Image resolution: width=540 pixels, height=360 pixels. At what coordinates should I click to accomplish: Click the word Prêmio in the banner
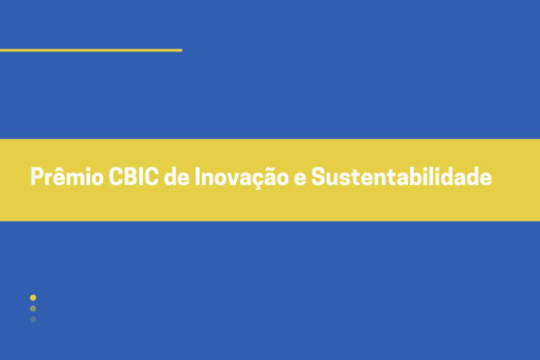point(67,177)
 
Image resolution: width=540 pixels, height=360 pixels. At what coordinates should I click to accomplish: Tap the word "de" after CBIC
point(176,177)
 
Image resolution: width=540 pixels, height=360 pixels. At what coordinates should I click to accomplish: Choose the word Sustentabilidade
point(402,177)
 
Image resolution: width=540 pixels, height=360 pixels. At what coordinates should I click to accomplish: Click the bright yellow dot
point(33,297)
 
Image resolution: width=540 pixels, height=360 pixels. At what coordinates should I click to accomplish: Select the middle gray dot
point(33,308)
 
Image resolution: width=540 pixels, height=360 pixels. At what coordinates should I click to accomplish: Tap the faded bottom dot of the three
point(33,319)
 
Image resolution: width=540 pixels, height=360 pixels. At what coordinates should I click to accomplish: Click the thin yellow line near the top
point(91,50)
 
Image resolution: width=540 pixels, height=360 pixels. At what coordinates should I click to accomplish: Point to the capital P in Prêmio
point(36,177)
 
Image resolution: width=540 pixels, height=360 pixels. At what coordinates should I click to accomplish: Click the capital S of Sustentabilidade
point(319,177)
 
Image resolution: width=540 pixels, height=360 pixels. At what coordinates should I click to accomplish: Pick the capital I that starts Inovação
point(198,177)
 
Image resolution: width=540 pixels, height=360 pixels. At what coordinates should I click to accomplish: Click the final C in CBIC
point(152,177)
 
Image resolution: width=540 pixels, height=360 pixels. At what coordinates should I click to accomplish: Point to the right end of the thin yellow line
point(180,50)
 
